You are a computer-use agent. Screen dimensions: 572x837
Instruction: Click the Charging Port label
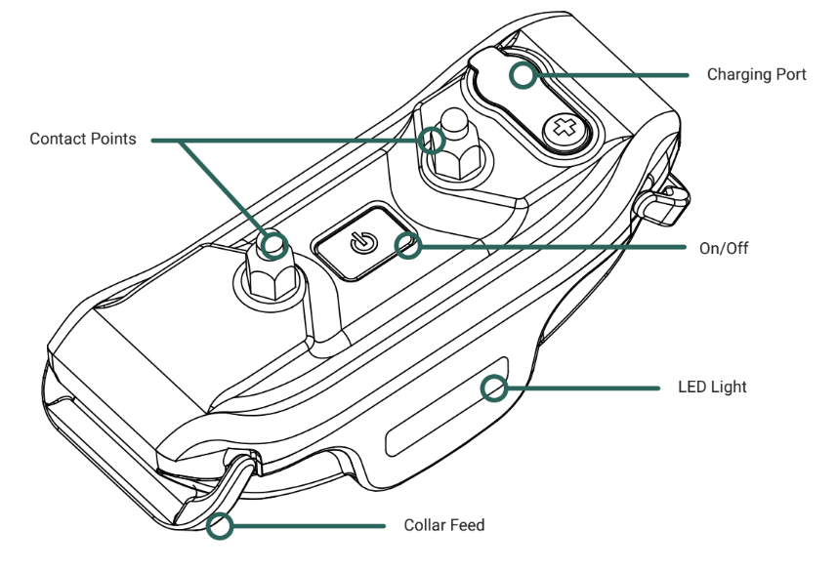(x=756, y=74)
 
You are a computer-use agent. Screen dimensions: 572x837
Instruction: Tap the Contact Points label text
(x=82, y=139)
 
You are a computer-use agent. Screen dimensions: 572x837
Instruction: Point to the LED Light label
(x=712, y=387)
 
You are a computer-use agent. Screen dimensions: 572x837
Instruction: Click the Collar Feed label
(x=443, y=525)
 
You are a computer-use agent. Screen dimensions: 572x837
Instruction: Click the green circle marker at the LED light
(x=495, y=388)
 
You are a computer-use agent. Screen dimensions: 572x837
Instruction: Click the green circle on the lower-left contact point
(x=273, y=243)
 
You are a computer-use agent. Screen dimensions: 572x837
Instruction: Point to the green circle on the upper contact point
(x=430, y=140)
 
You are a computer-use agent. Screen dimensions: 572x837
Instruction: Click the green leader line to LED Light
(x=586, y=388)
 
